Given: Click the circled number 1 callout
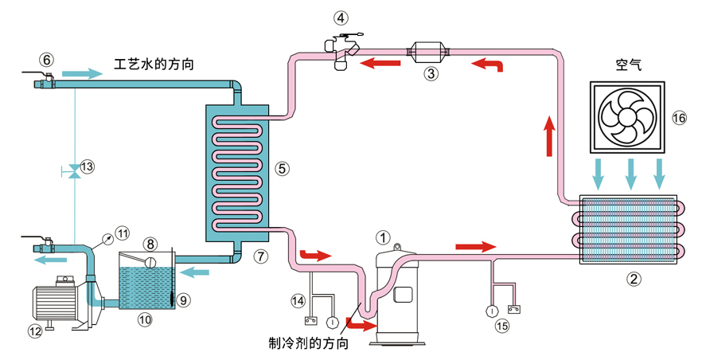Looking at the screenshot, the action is [384, 238].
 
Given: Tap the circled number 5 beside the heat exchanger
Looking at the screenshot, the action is [282, 169].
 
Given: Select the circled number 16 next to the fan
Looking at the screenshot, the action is [679, 118].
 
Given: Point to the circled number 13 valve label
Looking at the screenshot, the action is [87, 166].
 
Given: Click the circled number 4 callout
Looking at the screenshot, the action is [341, 18].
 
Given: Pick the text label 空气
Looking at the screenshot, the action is [629, 65].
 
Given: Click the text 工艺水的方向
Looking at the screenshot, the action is [154, 64].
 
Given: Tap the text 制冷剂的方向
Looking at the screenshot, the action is [308, 343].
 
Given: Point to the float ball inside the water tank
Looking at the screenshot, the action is [150, 262].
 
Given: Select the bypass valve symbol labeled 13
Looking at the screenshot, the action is [73, 170].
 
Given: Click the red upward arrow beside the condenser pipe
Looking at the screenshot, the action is [550, 136].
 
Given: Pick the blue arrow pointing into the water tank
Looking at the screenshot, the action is [195, 272].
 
